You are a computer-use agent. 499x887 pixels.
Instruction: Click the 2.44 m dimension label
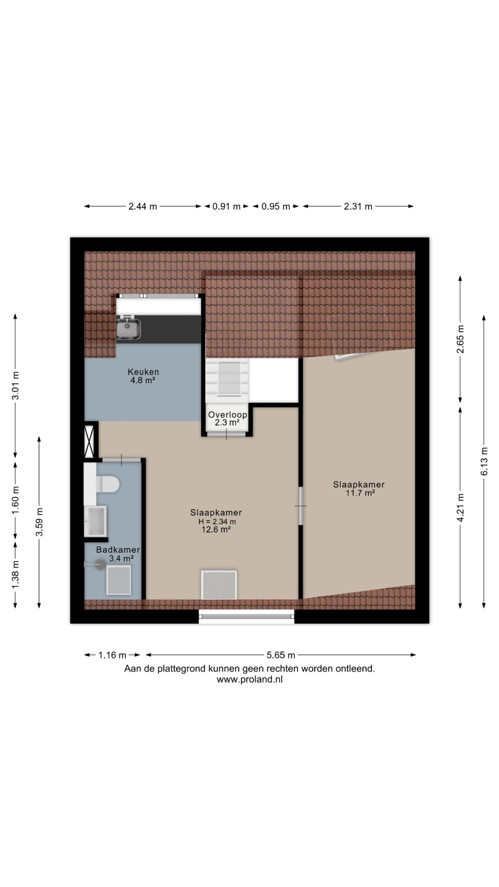click(142, 207)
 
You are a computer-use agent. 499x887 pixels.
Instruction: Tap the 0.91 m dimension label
click(226, 207)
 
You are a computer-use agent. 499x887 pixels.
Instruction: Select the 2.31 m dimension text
click(358, 207)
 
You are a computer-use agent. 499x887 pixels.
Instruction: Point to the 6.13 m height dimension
click(484, 461)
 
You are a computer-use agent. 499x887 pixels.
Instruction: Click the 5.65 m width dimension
click(281, 655)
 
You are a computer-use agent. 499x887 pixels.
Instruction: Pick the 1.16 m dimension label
click(112, 655)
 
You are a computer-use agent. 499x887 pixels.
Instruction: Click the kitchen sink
click(128, 329)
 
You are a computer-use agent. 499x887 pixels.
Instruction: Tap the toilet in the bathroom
click(107, 483)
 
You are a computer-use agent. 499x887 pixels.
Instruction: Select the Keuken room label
click(143, 372)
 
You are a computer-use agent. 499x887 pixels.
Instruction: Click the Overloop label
click(227, 414)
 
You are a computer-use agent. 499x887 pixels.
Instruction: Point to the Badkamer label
click(118, 550)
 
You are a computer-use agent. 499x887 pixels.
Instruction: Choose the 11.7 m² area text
click(360, 493)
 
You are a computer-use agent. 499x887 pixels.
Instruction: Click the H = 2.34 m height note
click(217, 521)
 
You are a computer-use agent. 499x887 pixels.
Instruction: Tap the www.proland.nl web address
click(249, 679)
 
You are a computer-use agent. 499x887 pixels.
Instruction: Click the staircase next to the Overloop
click(227, 380)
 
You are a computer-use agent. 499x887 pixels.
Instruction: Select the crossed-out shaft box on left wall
click(89, 440)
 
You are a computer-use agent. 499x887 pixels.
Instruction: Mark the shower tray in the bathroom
click(119, 580)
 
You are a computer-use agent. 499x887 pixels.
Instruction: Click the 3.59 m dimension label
click(40, 522)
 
